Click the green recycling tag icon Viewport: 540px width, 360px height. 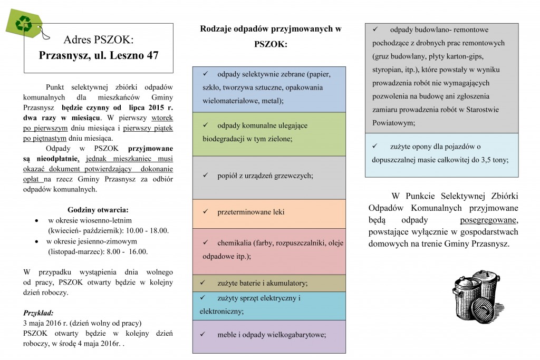click(x=23, y=23)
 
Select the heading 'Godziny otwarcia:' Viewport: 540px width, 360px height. click(x=98, y=209)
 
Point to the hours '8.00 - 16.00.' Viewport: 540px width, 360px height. click(x=128, y=251)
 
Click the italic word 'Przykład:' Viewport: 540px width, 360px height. click(x=38, y=312)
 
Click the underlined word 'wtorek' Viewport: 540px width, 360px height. click(x=162, y=118)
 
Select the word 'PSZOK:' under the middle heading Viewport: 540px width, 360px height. click(x=270, y=45)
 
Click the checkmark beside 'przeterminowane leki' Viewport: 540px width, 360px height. click(x=206, y=211)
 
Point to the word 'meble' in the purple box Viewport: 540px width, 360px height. click(x=227, y=334)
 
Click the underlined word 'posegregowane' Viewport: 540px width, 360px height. click(x=489, y=220)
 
